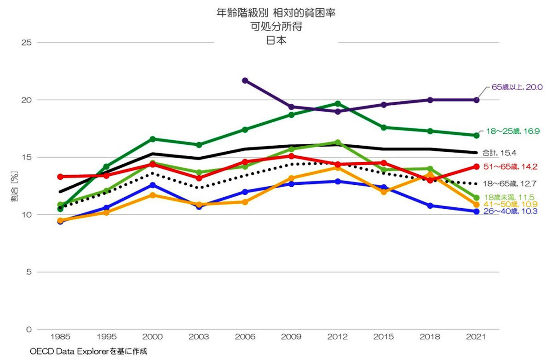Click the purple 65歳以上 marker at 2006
[245, 80]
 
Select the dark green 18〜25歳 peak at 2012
[338, 103]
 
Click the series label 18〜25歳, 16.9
[513, 131]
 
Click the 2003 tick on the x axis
[199, 337]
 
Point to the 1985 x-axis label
[60, 337]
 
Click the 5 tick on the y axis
[29, 272]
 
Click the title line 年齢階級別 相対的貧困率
[276, 13]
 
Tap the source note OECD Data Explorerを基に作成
[88, 351]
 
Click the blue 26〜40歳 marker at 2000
[153, 185]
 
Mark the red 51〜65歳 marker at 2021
[477, 166]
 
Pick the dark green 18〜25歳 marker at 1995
[107, 166]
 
